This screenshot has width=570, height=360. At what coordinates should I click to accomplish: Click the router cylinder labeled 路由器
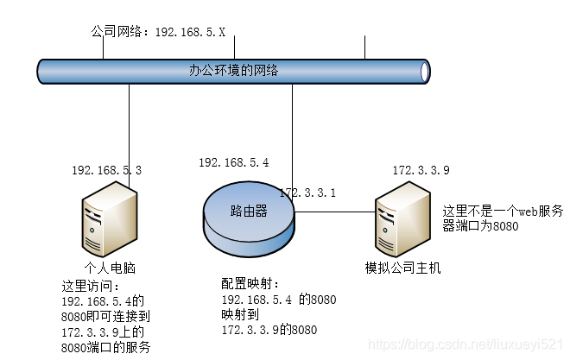(249, 216)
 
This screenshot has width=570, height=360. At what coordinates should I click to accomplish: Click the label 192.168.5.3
(106, 171)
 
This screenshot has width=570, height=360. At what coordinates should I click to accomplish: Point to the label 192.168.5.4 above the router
(233, 162)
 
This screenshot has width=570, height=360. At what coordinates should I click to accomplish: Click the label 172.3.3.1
(307, 193)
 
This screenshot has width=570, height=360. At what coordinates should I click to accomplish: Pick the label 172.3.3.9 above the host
(421, 171)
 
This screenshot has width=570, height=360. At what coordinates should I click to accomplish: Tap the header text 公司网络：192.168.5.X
(158, 32)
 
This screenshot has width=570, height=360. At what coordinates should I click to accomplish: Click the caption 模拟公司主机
(403, 268)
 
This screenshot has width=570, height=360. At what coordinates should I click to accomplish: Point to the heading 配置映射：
(250, 283)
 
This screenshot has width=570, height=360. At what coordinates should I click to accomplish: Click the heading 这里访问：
(91, 285)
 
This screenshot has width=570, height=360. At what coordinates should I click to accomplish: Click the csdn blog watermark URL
(466, 344)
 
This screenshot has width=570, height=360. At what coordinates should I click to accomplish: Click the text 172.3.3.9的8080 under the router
(269, 330)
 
